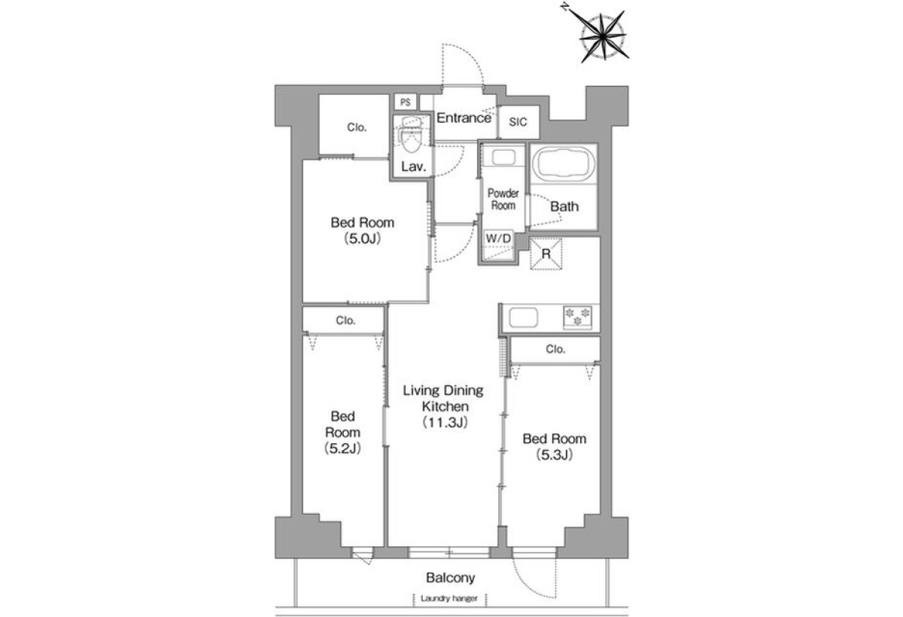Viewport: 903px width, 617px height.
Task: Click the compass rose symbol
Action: coord(602,36)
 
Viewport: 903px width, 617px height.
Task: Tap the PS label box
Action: coord(405,102)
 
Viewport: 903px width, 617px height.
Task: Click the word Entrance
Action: coord(464,118)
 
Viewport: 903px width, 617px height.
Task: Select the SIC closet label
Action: coord(518,122)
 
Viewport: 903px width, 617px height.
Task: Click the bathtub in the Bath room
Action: coord(563,163)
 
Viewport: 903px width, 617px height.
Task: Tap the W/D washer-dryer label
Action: coord(498,239)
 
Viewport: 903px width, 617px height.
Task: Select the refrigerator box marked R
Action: coord(546,254)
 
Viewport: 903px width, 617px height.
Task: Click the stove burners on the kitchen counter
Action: coord(577,318)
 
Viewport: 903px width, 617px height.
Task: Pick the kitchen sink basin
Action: coord(523,318)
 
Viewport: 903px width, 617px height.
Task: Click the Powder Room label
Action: coord(503,199)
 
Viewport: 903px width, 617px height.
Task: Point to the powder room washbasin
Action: coord(503,157)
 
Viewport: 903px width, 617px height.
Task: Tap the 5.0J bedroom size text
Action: coord(363,239)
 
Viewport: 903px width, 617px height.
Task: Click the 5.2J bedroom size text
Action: coord(342,448)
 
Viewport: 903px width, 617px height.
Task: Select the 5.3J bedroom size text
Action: coord(555,455)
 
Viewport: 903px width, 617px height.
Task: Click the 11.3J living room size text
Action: coord(445,423)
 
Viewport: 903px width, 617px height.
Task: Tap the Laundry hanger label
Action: coord(449,598)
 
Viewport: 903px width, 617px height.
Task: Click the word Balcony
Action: coord(450,578)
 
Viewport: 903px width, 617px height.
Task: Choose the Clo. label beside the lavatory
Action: coord(357,127)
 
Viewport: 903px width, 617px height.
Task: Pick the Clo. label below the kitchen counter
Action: coord(555,349)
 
